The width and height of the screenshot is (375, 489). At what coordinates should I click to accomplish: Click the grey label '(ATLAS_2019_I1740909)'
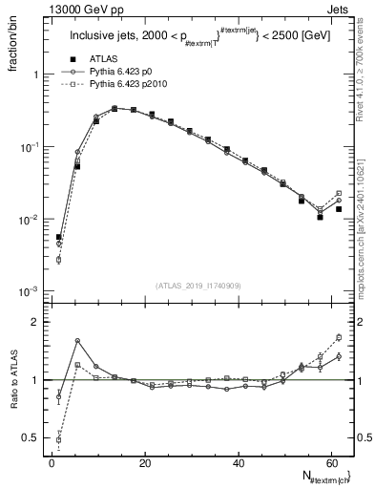click(x=198, y=285)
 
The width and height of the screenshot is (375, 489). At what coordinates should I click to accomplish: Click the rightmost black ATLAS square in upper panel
click(x=339, y=208)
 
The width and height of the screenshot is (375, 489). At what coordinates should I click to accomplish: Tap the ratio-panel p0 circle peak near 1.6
click(x=77, y=341)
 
